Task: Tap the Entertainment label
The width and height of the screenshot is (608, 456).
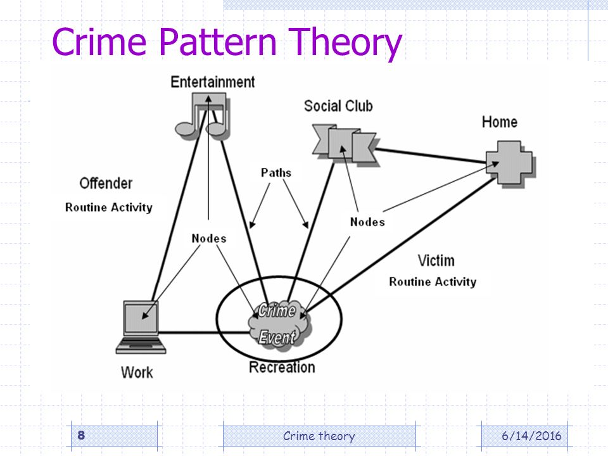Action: point(213,82)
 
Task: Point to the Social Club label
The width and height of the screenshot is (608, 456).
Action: point(338,106)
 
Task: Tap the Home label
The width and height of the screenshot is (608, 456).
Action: point(500,122)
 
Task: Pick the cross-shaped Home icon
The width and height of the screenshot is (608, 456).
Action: point(510,163)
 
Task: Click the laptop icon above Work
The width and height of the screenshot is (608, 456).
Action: point(141,327)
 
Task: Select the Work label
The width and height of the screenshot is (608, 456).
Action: point(137,372)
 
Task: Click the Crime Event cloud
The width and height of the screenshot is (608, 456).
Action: point(279,324)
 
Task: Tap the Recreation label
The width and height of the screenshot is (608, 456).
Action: point(282,367)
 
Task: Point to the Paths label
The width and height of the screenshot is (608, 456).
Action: point(275,172)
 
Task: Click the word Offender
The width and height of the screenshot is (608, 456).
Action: point(106,183)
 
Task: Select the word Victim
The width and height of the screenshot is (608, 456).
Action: point(436,260)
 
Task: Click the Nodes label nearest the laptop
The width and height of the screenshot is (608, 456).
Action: point(209,238)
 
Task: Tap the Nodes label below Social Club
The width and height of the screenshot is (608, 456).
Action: point(367,222)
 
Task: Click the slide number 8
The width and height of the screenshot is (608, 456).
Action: point(81,435)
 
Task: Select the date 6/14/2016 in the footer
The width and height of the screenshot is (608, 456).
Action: point(531,436)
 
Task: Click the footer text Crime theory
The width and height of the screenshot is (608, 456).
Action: point(319,436)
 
